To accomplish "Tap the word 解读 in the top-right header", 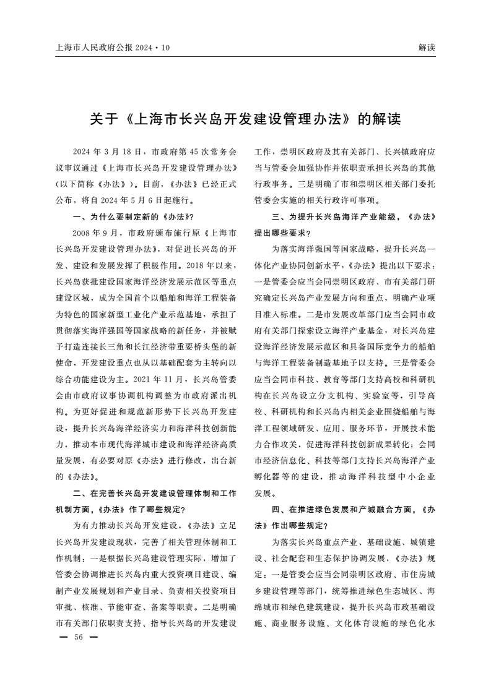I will click(x=427, y=47).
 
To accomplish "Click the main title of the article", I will click(x=245, y=119).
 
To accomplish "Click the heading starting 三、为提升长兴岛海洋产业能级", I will click(x=347, y=217).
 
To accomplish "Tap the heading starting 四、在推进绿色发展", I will click(x=347, y=509).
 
